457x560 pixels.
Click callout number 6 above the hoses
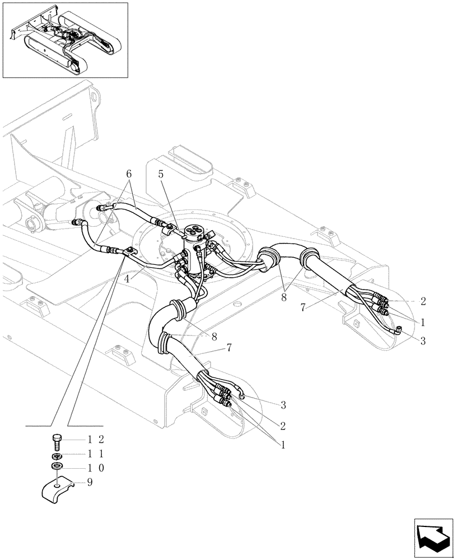[129, 175]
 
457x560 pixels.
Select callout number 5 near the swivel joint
[161, 174]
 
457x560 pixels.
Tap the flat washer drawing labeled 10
[57, 466]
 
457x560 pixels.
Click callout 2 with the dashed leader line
[423, 301]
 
